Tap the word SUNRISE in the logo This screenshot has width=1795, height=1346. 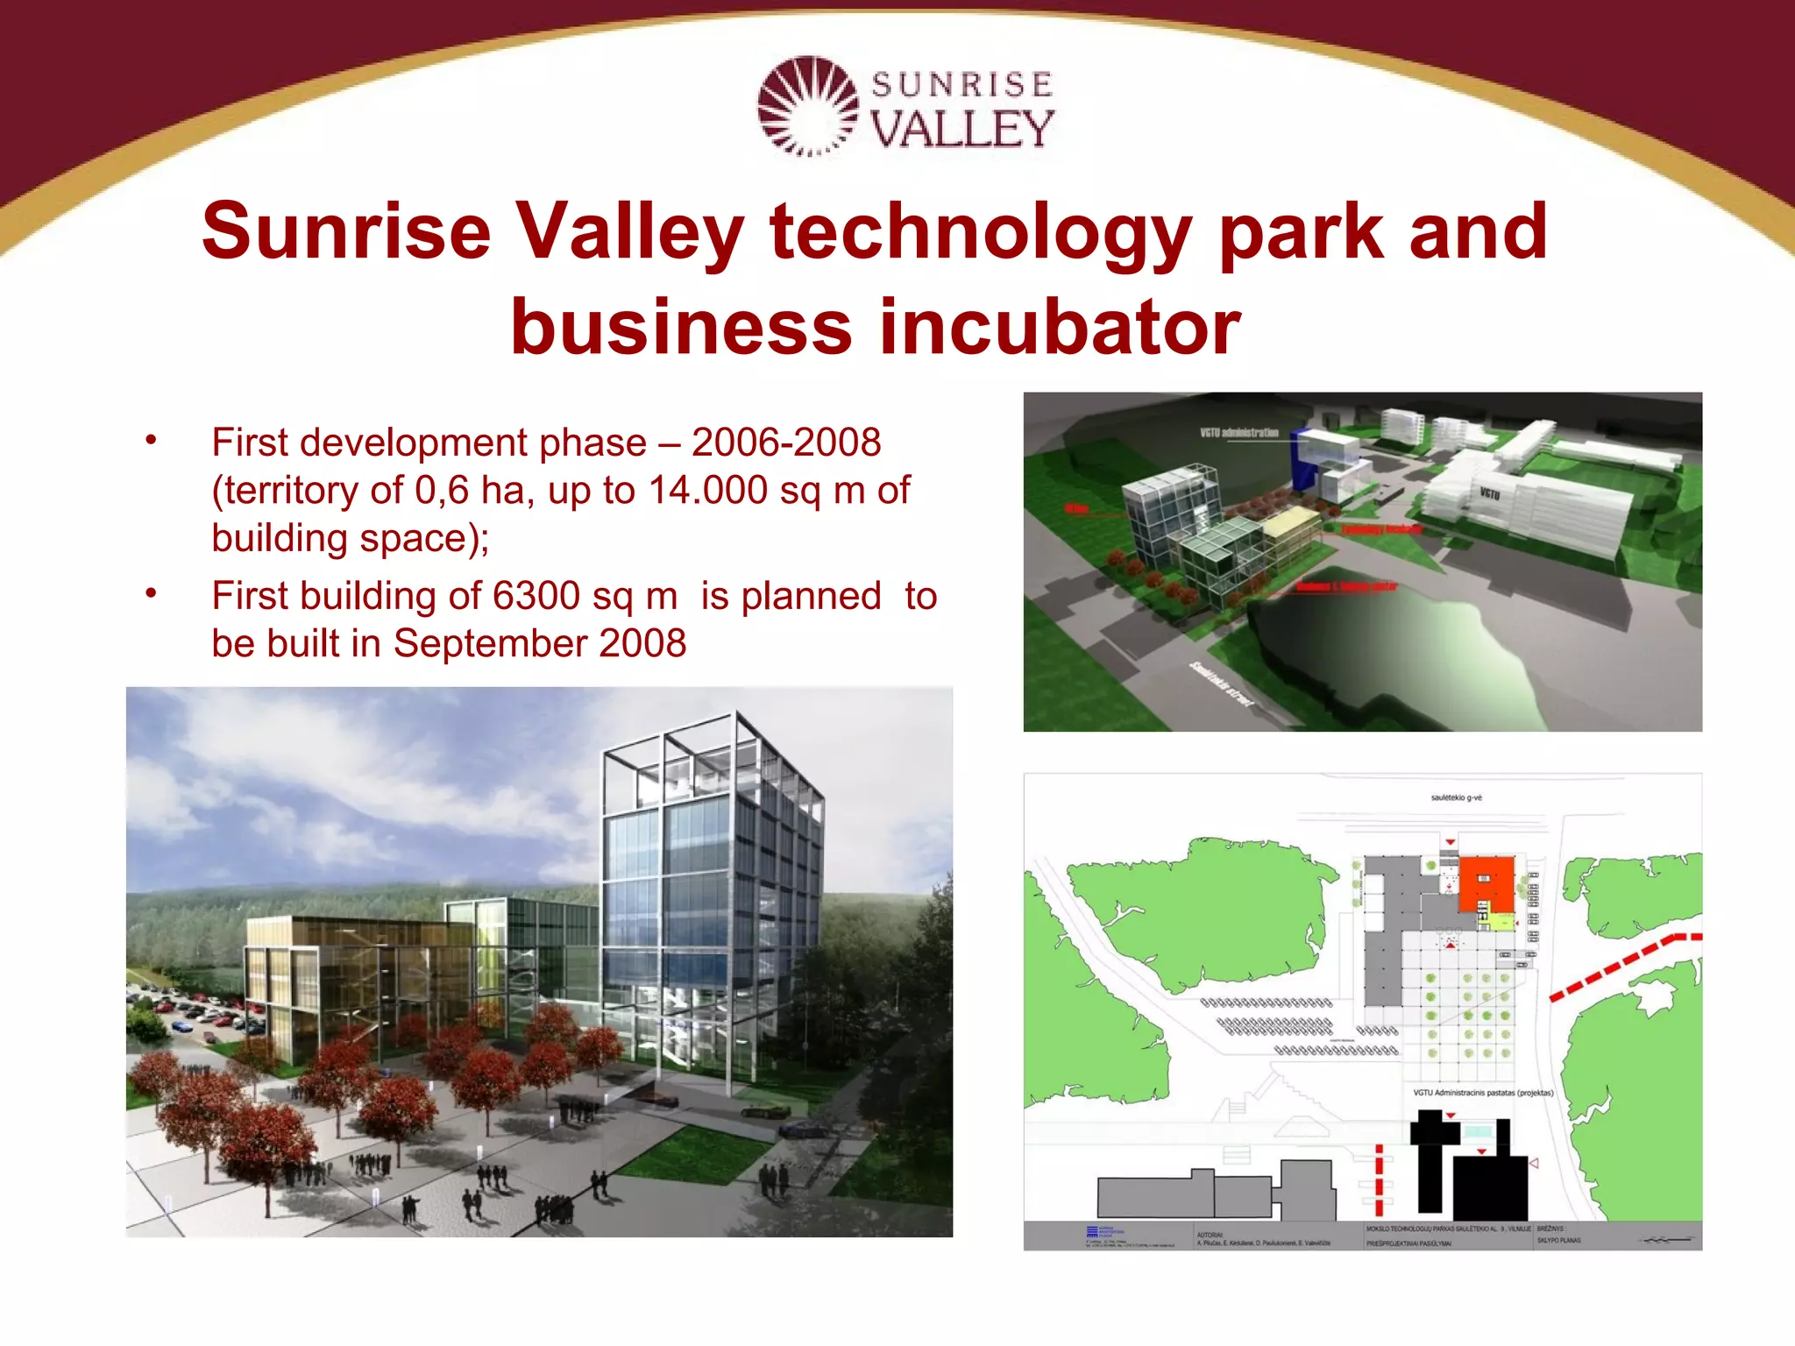961,85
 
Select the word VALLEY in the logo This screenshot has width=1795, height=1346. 961,130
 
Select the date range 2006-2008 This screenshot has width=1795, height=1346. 785,443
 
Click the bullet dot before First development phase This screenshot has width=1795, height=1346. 151,440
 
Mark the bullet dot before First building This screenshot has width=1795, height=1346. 151,593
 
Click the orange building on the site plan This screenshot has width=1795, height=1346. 1486,883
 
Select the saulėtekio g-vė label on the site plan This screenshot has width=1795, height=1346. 1456,798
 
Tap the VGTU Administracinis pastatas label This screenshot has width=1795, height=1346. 1483,1093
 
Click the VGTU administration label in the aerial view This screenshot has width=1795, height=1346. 1238,433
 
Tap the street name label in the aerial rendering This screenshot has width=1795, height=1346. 1221,684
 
